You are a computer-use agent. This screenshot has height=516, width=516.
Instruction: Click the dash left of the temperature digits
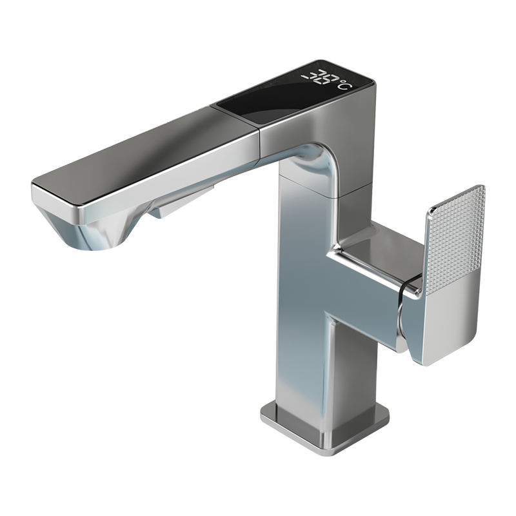pyautogui.click(x=306, y=77)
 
